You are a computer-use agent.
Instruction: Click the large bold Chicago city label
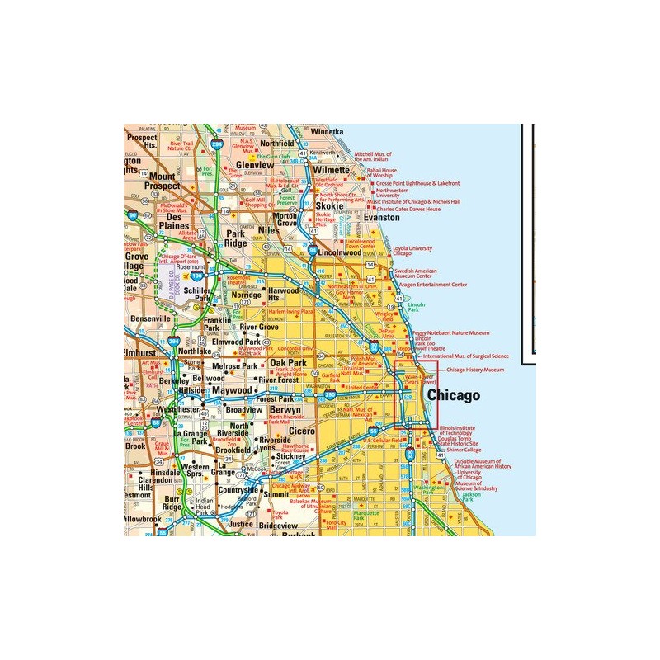click(x=452, y=396)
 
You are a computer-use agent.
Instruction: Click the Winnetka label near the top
click(x=327, y=131)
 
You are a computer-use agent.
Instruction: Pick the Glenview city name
click(x=252, y=164)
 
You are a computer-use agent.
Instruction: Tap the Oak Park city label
click(x=289, y=363)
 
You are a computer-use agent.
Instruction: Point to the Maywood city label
click(x=231, y=389)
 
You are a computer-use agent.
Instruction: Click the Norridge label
click(x=247, y=295)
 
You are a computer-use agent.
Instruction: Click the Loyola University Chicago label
click(x=412, y=251)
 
